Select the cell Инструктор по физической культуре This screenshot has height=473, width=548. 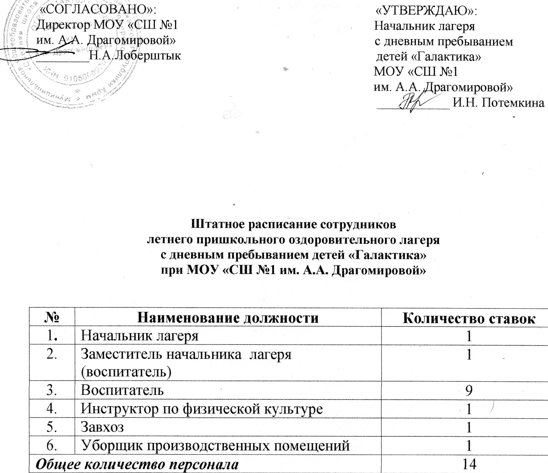[202, 409]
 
